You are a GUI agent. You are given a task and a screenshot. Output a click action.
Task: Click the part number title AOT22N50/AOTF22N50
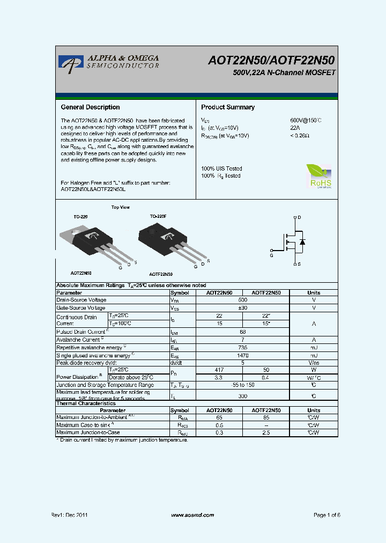(x=271, y=61)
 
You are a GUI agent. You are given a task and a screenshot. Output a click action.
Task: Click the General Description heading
(x=90, y=107)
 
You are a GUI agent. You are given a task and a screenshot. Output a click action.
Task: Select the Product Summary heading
(x=228, y=107)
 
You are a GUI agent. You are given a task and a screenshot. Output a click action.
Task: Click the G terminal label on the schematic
(x=271, y=256)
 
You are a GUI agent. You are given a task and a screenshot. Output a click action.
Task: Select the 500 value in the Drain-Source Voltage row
(x=242, y=300)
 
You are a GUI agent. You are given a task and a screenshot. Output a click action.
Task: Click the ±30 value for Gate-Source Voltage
(x=242, y=308)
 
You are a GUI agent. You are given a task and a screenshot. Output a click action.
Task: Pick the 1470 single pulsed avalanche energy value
(x=242, y=355)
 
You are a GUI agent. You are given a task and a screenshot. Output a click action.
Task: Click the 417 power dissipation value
(x=219, y=370)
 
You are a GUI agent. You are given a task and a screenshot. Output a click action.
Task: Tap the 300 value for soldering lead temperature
(x=242, y=395)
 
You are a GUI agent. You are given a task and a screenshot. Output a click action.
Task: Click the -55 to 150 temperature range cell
(x=242, y=385)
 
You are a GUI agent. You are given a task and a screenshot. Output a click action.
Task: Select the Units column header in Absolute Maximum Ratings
(x=314, y=292)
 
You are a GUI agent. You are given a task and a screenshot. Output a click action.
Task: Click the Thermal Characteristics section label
(x=86, y=403)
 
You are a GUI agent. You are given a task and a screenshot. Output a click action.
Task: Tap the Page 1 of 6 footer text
(x=326, y=515)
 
